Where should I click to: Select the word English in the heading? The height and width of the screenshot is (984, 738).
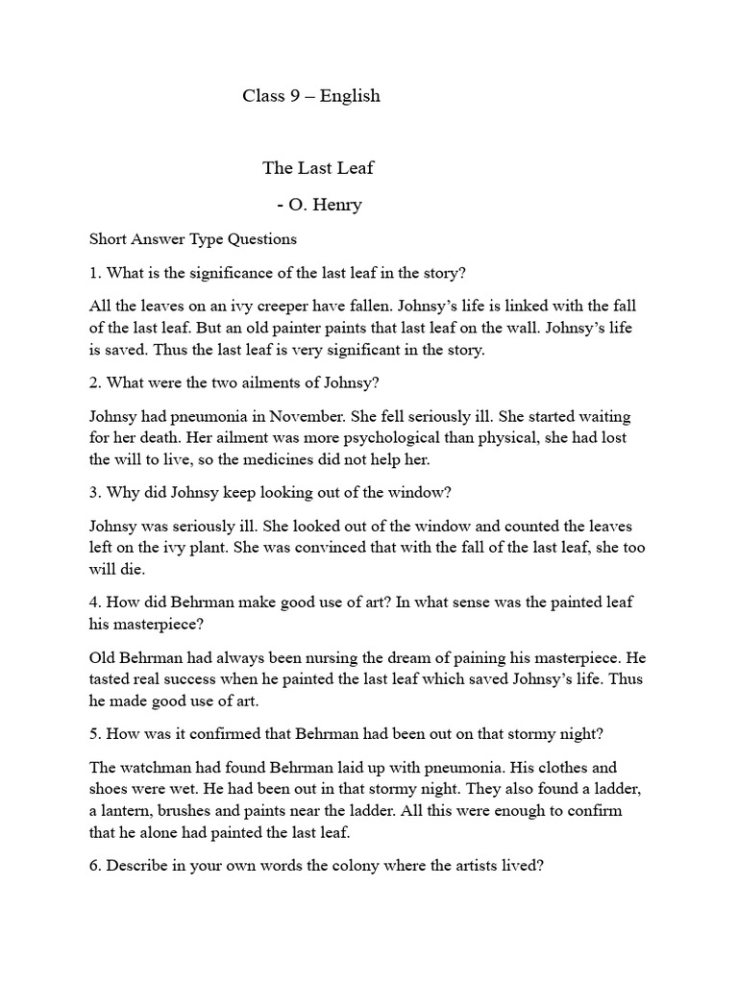coord(352,96)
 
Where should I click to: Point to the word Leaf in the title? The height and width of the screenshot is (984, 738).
coord(355,168)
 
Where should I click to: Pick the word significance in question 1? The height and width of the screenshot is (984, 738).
coord(234,273)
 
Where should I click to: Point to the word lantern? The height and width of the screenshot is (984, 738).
coord(132,810)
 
